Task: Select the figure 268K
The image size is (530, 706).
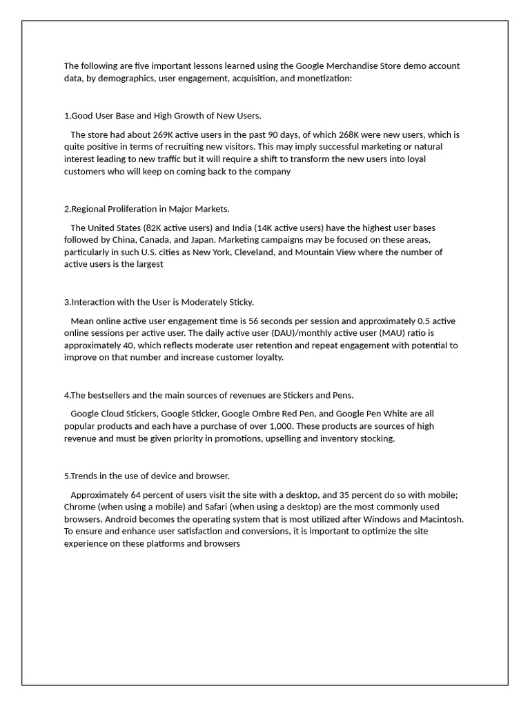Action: point(349,134)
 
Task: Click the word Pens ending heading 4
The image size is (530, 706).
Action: point(342,395)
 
